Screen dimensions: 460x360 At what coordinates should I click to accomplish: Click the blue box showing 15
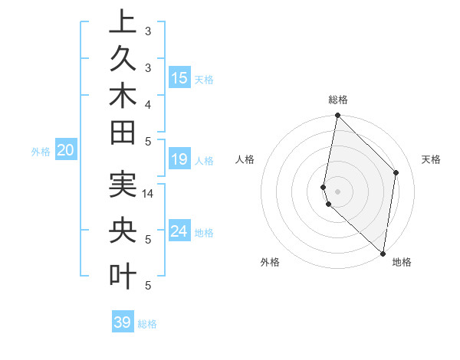tap(179, 77)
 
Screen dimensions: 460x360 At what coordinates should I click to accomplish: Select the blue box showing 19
tap(179, 159)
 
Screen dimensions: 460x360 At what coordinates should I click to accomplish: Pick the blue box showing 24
tap(179, 231)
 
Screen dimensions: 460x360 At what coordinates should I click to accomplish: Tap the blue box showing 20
tap(66, 151)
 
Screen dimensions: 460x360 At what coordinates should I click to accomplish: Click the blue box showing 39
tap(122, 322)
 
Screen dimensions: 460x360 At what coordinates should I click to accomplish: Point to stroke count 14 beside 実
tap(149, 194)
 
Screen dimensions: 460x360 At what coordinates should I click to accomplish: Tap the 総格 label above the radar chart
tap(338, 100)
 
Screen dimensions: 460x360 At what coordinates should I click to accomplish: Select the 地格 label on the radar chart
tap(402, 262)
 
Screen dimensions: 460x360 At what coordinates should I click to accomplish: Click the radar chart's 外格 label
tap(270, 262)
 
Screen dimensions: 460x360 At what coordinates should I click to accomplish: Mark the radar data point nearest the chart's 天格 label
tap(396, 172)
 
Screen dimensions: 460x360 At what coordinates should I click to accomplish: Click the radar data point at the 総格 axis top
tap(337, 116)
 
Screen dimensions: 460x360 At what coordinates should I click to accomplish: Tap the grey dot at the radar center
tap(337, 191)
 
